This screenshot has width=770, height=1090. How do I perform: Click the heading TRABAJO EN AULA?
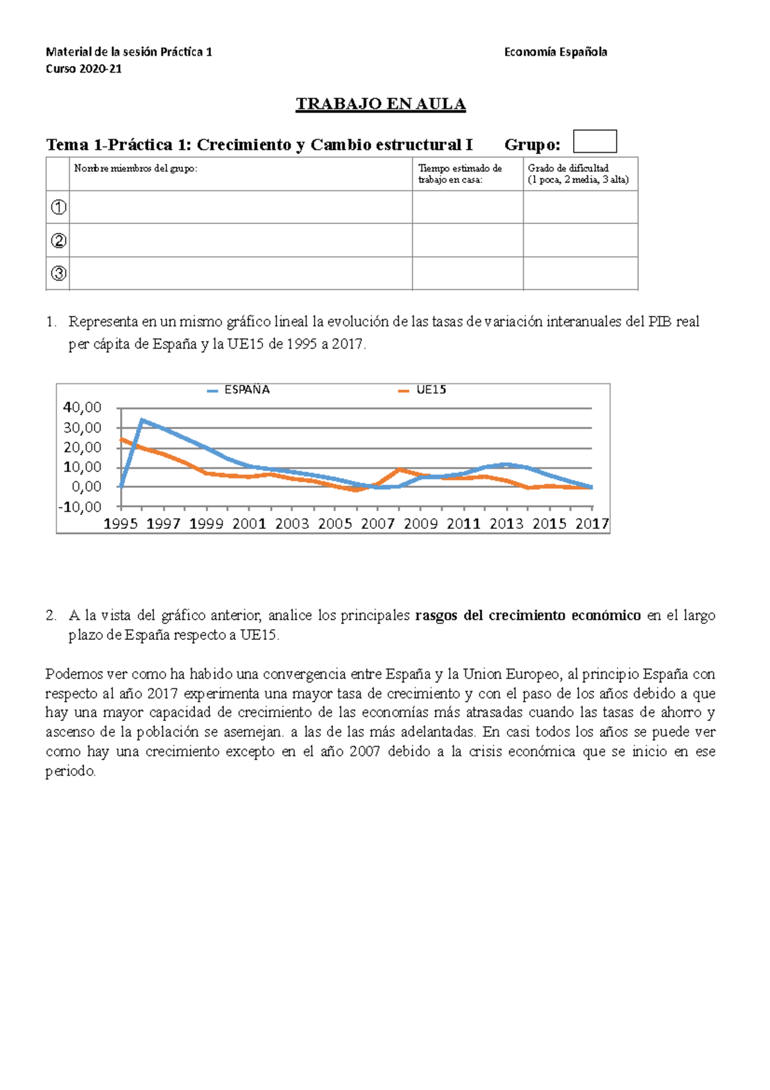coord(381,104)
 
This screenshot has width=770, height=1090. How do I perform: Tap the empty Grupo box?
coord(594,141)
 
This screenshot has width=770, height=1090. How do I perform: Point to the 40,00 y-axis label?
coord(82,408)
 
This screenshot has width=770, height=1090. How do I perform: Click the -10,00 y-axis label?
coord(80,507)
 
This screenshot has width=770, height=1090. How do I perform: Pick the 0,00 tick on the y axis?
coord(87,487)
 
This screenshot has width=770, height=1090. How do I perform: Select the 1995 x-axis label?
coord(121,524)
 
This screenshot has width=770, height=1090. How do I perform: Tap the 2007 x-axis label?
coord(377,524)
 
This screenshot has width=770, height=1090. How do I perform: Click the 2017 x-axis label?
coord(592,524)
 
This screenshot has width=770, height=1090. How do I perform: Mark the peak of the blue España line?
coord(142,420)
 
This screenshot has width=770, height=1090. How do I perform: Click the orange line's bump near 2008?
coord(399,470)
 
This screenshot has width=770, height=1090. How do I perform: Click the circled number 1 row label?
coord(58,207)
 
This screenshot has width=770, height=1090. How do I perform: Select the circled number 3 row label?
coord(58,273)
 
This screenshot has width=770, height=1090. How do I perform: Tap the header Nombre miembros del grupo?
coord(136,169)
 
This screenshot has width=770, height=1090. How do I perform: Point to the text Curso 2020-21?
coord(83,69)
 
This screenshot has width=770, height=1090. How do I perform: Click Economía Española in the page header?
coord(555,52)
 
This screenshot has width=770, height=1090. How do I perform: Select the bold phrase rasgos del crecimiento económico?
coord(527,616)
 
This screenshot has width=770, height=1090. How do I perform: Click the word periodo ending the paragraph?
coord(70,771)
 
